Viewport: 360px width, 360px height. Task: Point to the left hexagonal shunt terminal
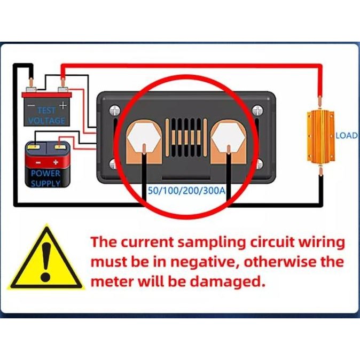point(145,137)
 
